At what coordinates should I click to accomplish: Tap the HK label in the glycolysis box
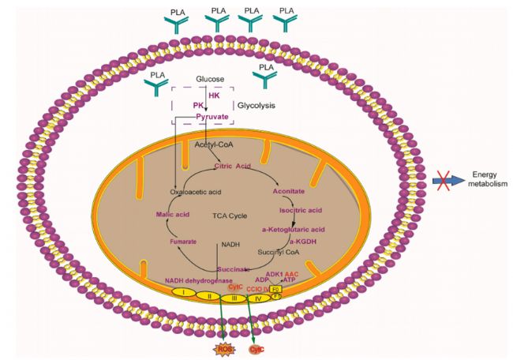click(215, 95)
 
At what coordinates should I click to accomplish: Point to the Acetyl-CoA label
click(211, 146)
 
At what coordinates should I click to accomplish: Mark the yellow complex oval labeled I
click(182, 292)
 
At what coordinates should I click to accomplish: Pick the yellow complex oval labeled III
click(234, 298)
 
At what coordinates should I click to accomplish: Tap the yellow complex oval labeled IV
click(261, 298)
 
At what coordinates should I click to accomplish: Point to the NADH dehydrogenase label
click(198, 280)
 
